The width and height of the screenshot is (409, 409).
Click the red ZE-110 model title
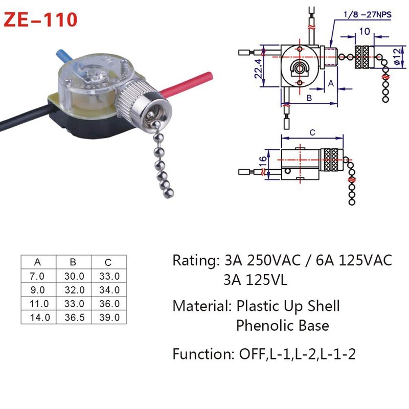point(41,19)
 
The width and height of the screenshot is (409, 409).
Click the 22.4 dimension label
point(261,69)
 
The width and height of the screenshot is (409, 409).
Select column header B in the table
point(73,263)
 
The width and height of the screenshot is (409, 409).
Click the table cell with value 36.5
point(73,317)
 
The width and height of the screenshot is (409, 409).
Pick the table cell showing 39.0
point(108,317)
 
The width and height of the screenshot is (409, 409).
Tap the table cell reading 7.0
point(38,276)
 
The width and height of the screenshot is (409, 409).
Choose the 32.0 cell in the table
point(73,290)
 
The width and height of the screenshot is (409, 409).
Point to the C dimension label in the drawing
point(312,132)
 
